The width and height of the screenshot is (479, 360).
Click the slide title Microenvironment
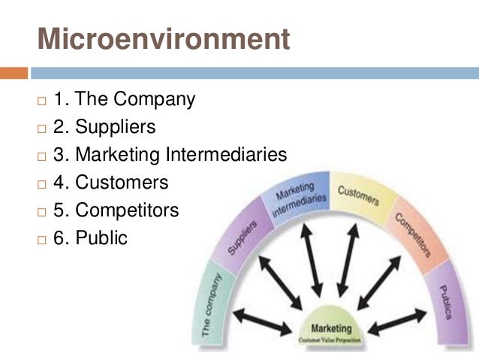coord(164,38)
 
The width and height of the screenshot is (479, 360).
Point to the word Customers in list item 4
coord(132,182)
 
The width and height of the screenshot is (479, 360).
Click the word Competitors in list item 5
coord(138,210)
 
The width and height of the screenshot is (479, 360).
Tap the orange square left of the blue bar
coord(14,74)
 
